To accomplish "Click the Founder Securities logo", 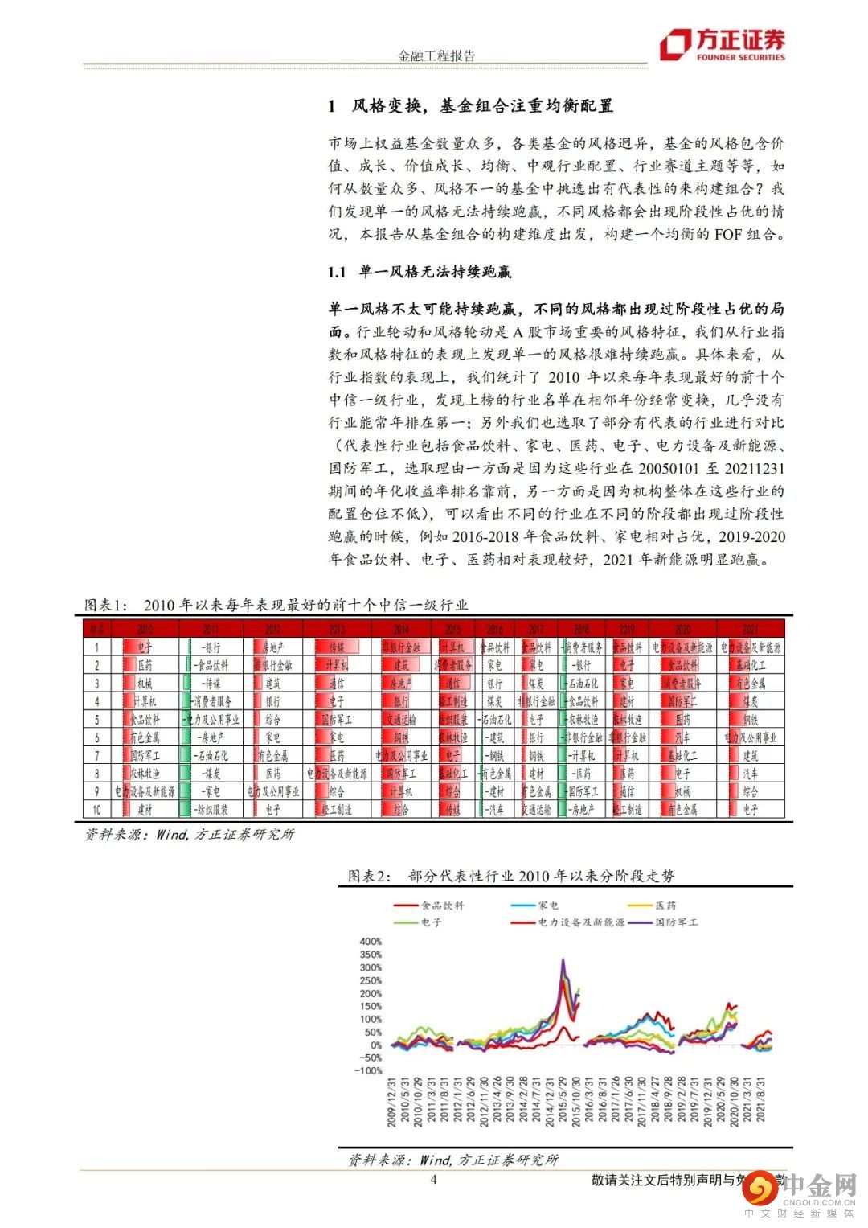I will pyautogui.click(x=722, y=45).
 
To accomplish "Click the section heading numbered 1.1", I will pyautogui.click(x=420, y=272).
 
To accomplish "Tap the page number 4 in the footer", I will pyautogui.click(x=434, y=1180).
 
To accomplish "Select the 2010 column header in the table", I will pyautogui.click(x=145, y=629).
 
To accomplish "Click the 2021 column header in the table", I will pyautogui.click(x=750, y=629).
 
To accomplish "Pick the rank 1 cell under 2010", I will pyautogui.click(x=145, y=647).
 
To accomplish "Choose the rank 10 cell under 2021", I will pyautogui.click(x=750, y=810).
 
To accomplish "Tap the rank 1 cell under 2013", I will pyautogui.click(x=337, y=647).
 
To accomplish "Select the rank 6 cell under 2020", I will pyautogui.click(x=682, y=737).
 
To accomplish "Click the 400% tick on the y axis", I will pyautogui.click(x=371, y=942).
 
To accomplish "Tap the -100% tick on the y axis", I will pyautogui.click(x=369, y=1071).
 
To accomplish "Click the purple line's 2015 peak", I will pyautogui.click(x=563, y=960).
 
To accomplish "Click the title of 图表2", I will pyautogui.click(x=511, y=876).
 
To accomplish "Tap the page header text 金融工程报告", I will pyautogui.click(x=437, y=55).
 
